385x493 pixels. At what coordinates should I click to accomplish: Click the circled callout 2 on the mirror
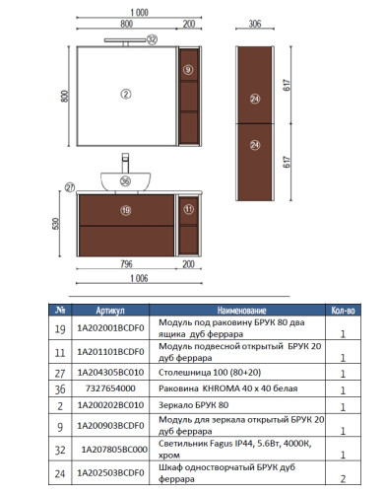(x=126, y=94)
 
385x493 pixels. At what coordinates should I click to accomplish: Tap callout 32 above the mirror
(x=152, y=39)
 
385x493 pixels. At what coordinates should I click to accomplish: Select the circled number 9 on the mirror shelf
(x=187, y=70)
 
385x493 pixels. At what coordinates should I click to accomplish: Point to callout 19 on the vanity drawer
(x=126, y=210)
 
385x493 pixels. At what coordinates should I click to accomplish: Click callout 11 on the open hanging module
(x=189, y=210)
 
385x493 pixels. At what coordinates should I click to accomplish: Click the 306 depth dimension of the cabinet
(x=255, y=25)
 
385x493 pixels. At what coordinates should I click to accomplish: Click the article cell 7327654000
(x=108, y=390)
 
